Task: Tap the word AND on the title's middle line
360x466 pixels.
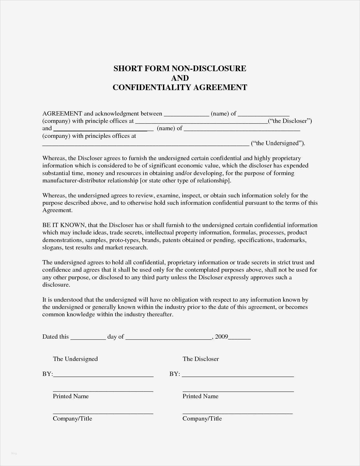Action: pyautogui.click(x=180, y=78)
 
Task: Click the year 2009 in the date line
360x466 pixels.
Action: pyautogui.click(x=221, y=337)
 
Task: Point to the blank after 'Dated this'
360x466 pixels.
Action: pyautogui.click(x=88, y=337)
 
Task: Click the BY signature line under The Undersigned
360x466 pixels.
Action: pyautogui.click(x=103, y=375)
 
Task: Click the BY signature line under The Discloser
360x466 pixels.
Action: pyautogui.click(x=238, y=375)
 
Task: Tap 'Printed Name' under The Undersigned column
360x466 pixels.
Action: pyautogui.click(x=71, y=396)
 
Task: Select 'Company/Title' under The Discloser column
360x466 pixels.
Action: pyautogui.click(x=202, y=419)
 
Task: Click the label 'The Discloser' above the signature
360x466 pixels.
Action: pyautogui.click(x=200, y=359)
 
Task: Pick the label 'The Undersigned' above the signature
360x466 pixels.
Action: pyautogui.click(x=75, y=359)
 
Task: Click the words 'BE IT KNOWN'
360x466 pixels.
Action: pyautogui.click(x=64, y=225)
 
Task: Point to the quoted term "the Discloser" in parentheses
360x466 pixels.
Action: pyautogui.click(x=290, y=121)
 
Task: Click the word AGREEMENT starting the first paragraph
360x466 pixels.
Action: pyautogui.click(x=62, y=114)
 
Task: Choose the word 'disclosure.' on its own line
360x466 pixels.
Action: pyautogui.click(x=56, y=285)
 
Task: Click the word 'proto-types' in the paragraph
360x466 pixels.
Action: pyautogui.click(x=124, y=240)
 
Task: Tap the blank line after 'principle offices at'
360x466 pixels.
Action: pyautogui.click(x=201, y=122)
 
